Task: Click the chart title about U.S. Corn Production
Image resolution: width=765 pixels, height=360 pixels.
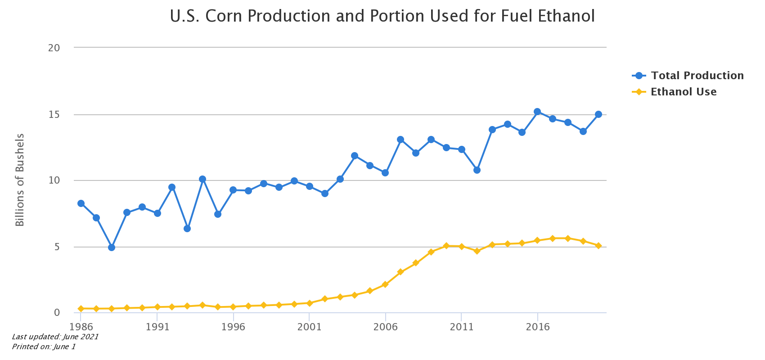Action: [382, 16]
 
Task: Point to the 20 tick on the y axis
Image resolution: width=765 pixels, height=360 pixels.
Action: [54, 48]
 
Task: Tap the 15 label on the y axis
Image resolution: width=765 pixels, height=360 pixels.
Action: [54, 115]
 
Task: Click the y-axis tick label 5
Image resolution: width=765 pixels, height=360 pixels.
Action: [57, 247]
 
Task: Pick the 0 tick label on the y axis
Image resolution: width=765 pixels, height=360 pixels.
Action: [57, 312]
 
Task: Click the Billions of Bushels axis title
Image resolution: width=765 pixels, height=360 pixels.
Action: [20, 180]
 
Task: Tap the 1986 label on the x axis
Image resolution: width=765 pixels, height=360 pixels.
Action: [81, 327]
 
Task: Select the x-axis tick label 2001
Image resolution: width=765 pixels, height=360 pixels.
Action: [309, 327]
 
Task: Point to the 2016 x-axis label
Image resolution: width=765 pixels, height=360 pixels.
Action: [537, 327]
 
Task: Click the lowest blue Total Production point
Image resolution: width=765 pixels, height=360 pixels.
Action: [112, 247]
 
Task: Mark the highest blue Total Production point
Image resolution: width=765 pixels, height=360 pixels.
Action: [537, 112]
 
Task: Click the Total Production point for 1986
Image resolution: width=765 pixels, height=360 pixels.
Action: [81, 203]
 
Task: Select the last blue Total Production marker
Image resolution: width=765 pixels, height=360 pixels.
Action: [598, 114]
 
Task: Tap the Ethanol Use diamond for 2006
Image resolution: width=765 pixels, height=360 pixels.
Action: [385, 284]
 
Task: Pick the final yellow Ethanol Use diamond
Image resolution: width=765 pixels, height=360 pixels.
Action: [598, 246]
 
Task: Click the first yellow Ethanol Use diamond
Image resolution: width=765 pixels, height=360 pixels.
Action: [81, 309]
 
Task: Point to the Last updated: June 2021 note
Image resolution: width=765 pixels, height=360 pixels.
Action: [55, 337]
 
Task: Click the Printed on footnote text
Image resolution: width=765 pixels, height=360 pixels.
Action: [44, 346]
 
